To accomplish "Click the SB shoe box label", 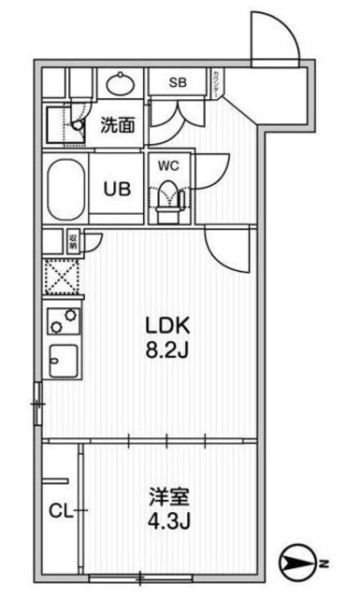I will pyautogui.click(x=179, y=82).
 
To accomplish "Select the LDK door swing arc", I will pyautogui.click(x=227, y=253).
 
